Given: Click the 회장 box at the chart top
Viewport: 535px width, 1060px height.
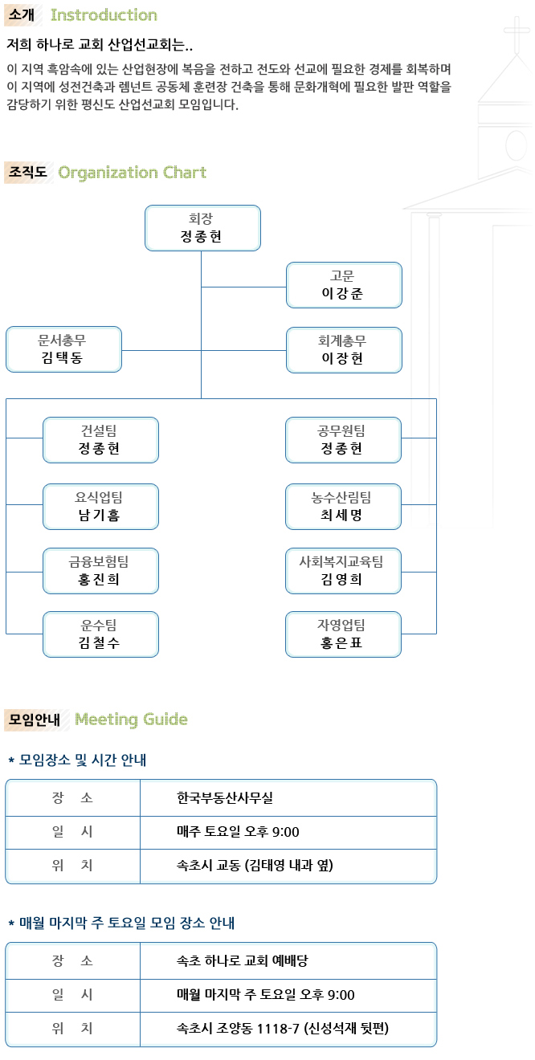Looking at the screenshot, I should point(202,228).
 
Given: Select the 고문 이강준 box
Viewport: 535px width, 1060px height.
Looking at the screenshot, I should point(344,285).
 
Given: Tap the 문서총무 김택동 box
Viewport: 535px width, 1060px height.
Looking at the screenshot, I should point(63,349).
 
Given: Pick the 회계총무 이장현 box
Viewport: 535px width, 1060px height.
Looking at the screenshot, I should point(344,350).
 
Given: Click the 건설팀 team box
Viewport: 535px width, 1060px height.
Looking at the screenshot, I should point(100,440).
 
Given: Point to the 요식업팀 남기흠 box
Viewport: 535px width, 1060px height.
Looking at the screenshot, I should point(100,507).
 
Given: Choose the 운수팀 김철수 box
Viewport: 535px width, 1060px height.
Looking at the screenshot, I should point(100,634).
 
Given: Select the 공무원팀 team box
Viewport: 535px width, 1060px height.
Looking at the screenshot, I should point(344,440).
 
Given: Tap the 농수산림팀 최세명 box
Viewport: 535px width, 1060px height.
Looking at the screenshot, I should point(344,507).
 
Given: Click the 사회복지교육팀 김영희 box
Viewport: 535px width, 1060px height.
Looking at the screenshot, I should point(344,571).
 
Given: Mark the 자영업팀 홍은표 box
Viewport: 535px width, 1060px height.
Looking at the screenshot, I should point(344,634).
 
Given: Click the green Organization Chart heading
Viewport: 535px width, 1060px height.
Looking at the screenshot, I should point(132,173).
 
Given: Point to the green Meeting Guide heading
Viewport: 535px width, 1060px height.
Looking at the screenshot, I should point(131,720).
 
